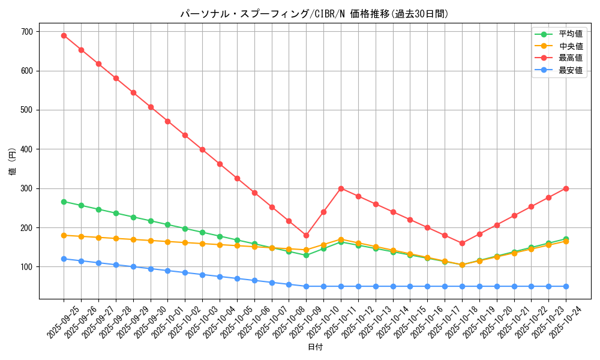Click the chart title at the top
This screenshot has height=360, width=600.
(x=314, y=14)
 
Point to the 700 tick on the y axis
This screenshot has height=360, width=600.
(x=28, y=32)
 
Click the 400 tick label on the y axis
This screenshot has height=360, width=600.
(x=28, y=149)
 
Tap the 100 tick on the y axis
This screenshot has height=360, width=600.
(x=28, y=267)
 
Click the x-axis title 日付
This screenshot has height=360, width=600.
(x=315, y=347)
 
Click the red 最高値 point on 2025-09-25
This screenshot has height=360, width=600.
(x=64, y=35)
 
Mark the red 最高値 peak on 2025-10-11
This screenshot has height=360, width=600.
(x=341, y=188)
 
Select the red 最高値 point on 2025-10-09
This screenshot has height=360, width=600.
(x=306, y=235)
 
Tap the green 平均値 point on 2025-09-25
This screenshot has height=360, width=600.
(x=64, y=202)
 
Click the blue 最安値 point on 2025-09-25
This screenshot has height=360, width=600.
(x=64, y=259)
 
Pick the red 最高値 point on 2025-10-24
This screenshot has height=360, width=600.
(x=566, y=188)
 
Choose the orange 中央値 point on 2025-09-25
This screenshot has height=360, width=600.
(x=64, y=235)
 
